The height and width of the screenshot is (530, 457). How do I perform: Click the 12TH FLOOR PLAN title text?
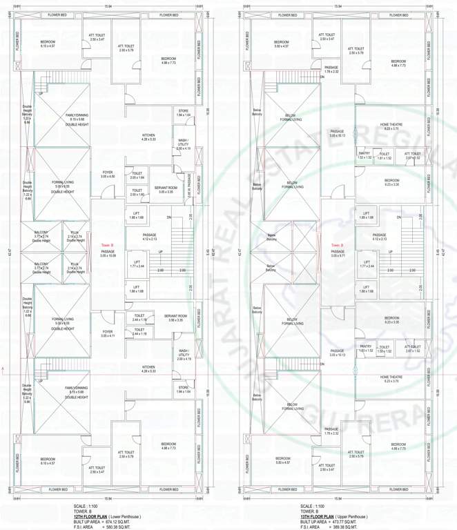pos(89,516)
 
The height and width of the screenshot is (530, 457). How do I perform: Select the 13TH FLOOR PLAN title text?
pos(317,516)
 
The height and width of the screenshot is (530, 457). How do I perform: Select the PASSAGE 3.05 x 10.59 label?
pos(108,253)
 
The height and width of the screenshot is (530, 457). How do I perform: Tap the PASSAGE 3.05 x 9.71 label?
pos(337,253)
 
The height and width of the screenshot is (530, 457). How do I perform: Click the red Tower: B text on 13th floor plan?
pos(336,245)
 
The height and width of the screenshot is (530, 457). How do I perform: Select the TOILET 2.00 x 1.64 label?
pos(137,176)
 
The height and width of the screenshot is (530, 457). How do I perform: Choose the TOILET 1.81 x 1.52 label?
pos(385,156)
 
